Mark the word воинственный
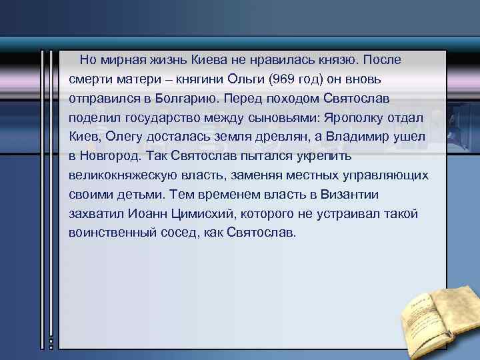pos(107,234)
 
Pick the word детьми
pos(141,195)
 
